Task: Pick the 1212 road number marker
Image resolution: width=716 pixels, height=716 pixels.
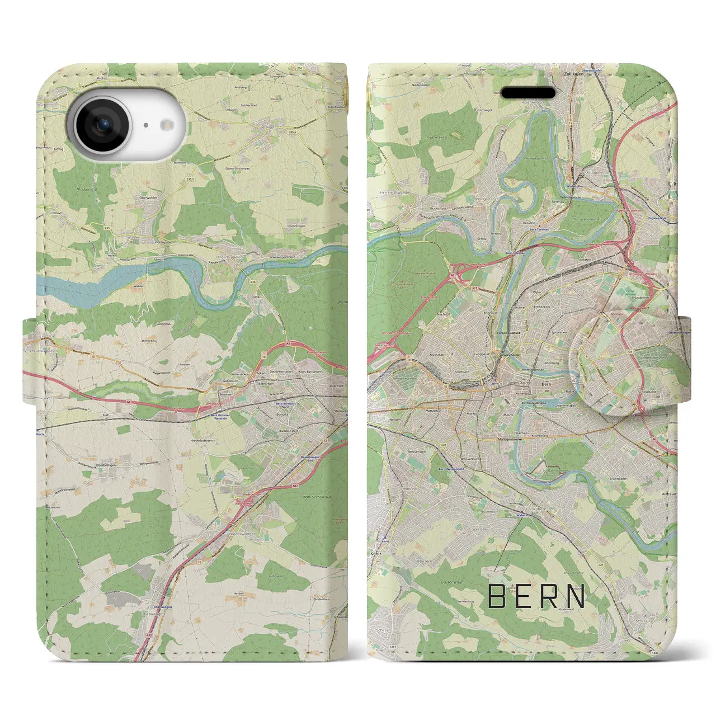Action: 379,647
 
